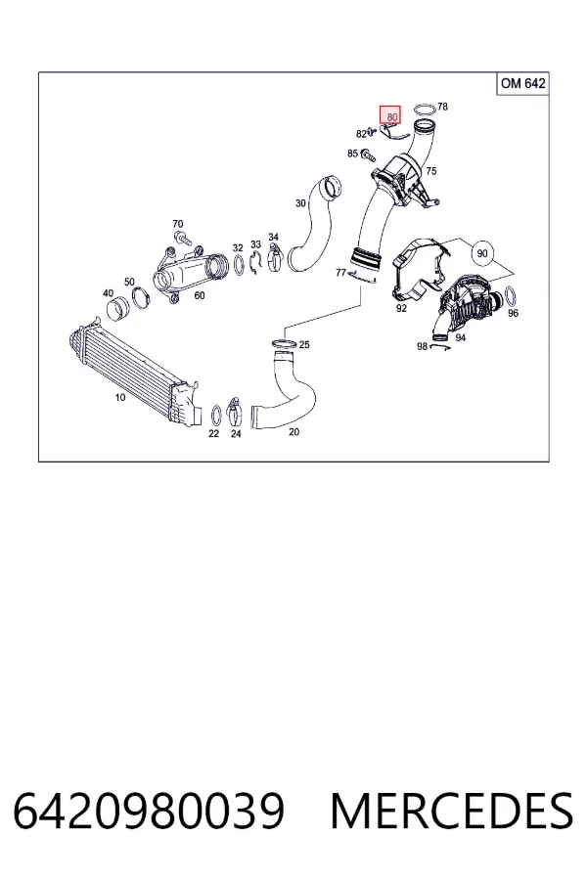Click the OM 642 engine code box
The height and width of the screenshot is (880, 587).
coord(522,84)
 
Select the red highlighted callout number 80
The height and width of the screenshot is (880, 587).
coord(390,115)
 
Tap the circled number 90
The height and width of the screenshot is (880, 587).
coord(482,253)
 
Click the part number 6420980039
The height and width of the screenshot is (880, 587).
coord(149,811)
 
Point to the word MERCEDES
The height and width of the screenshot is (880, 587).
coord(452,811)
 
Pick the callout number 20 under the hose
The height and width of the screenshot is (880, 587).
coord(293,431)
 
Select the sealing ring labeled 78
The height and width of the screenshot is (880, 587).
coord(424,109)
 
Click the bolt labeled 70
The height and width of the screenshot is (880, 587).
coord(183,239)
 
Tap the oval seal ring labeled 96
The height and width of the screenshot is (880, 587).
coord(511,295)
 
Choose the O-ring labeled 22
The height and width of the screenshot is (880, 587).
coord(215,416)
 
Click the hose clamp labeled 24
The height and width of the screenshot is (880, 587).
coord(235,413)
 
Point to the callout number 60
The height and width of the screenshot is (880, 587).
coord(200,295)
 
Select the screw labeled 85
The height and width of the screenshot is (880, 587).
coord(369,154)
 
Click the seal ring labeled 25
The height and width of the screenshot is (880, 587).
coord(283,343)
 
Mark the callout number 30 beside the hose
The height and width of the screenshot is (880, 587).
coord(300,203)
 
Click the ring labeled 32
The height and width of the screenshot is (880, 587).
coord(238,265)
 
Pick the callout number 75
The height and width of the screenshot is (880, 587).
coord(430,171)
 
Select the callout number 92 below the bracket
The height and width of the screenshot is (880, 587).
coord(401,308)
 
